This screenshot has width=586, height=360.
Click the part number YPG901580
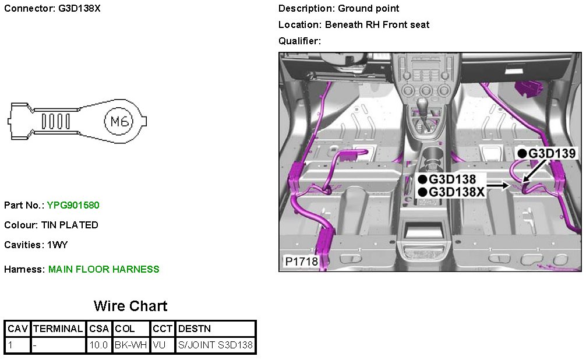coord(73,205)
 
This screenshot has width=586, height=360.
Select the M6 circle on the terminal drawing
coord(119,122)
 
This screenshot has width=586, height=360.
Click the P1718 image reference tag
coord(301,262)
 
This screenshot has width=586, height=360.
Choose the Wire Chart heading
coord(130,306)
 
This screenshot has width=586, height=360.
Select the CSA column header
coord(99,329)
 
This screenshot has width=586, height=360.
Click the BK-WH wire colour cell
coord(130,345)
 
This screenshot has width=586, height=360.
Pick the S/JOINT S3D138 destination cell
coord(216,345)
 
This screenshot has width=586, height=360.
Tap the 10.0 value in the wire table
coord(99,345)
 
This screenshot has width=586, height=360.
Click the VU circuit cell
coord(159,345)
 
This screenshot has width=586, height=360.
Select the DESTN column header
coord(195,329)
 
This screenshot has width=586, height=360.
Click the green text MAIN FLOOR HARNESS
coord(104,269)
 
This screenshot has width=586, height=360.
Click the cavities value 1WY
coord(58,245)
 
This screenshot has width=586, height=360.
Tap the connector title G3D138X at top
coord(80,9)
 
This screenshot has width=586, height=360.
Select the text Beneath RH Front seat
coord(377,24)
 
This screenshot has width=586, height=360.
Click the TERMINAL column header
coord(58,329)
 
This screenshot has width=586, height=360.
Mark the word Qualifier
coord(298,41)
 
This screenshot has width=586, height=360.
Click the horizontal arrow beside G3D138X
coord(497,186)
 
